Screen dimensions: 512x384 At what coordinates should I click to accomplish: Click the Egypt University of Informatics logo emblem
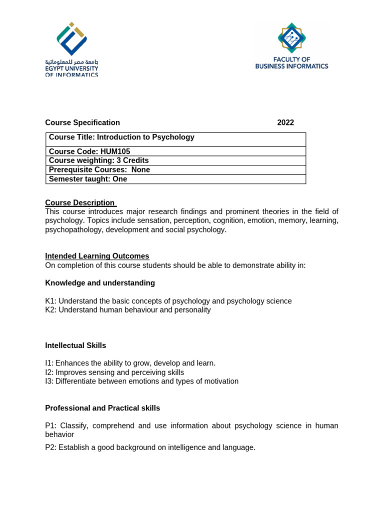click(x=72, y=38)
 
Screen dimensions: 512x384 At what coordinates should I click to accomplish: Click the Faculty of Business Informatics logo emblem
click(x=291, y=37)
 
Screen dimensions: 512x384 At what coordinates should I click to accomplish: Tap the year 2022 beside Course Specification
click(x=285, y=123)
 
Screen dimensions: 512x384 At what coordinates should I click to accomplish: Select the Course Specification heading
click(x=82, y=123)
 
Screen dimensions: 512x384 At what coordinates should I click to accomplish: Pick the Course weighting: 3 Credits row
click(x=99, y=160)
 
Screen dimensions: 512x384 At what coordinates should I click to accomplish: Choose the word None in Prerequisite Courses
click(x=140, y=170)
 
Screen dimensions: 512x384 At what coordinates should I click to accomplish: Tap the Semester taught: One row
click(x=88, y=179)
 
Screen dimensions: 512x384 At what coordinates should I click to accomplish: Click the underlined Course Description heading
click(x=80, y=202)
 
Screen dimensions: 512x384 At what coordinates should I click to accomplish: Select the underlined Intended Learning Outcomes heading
click(x=97, y=256)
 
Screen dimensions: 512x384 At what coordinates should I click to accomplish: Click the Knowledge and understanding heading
click(x=100, y=283)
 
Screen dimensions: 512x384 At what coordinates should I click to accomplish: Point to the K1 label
click(x=50, y=301)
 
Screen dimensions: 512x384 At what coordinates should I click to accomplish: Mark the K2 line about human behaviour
click(x=128, y=310)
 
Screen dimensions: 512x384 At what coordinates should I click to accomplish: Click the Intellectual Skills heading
click(x=75, y=345)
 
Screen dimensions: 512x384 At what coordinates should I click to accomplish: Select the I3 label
click(x=49, y=381)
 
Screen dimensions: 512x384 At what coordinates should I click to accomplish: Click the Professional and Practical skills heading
click(x=102, y=408)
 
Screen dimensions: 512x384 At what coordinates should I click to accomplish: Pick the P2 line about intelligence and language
click(x=150, y=447)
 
